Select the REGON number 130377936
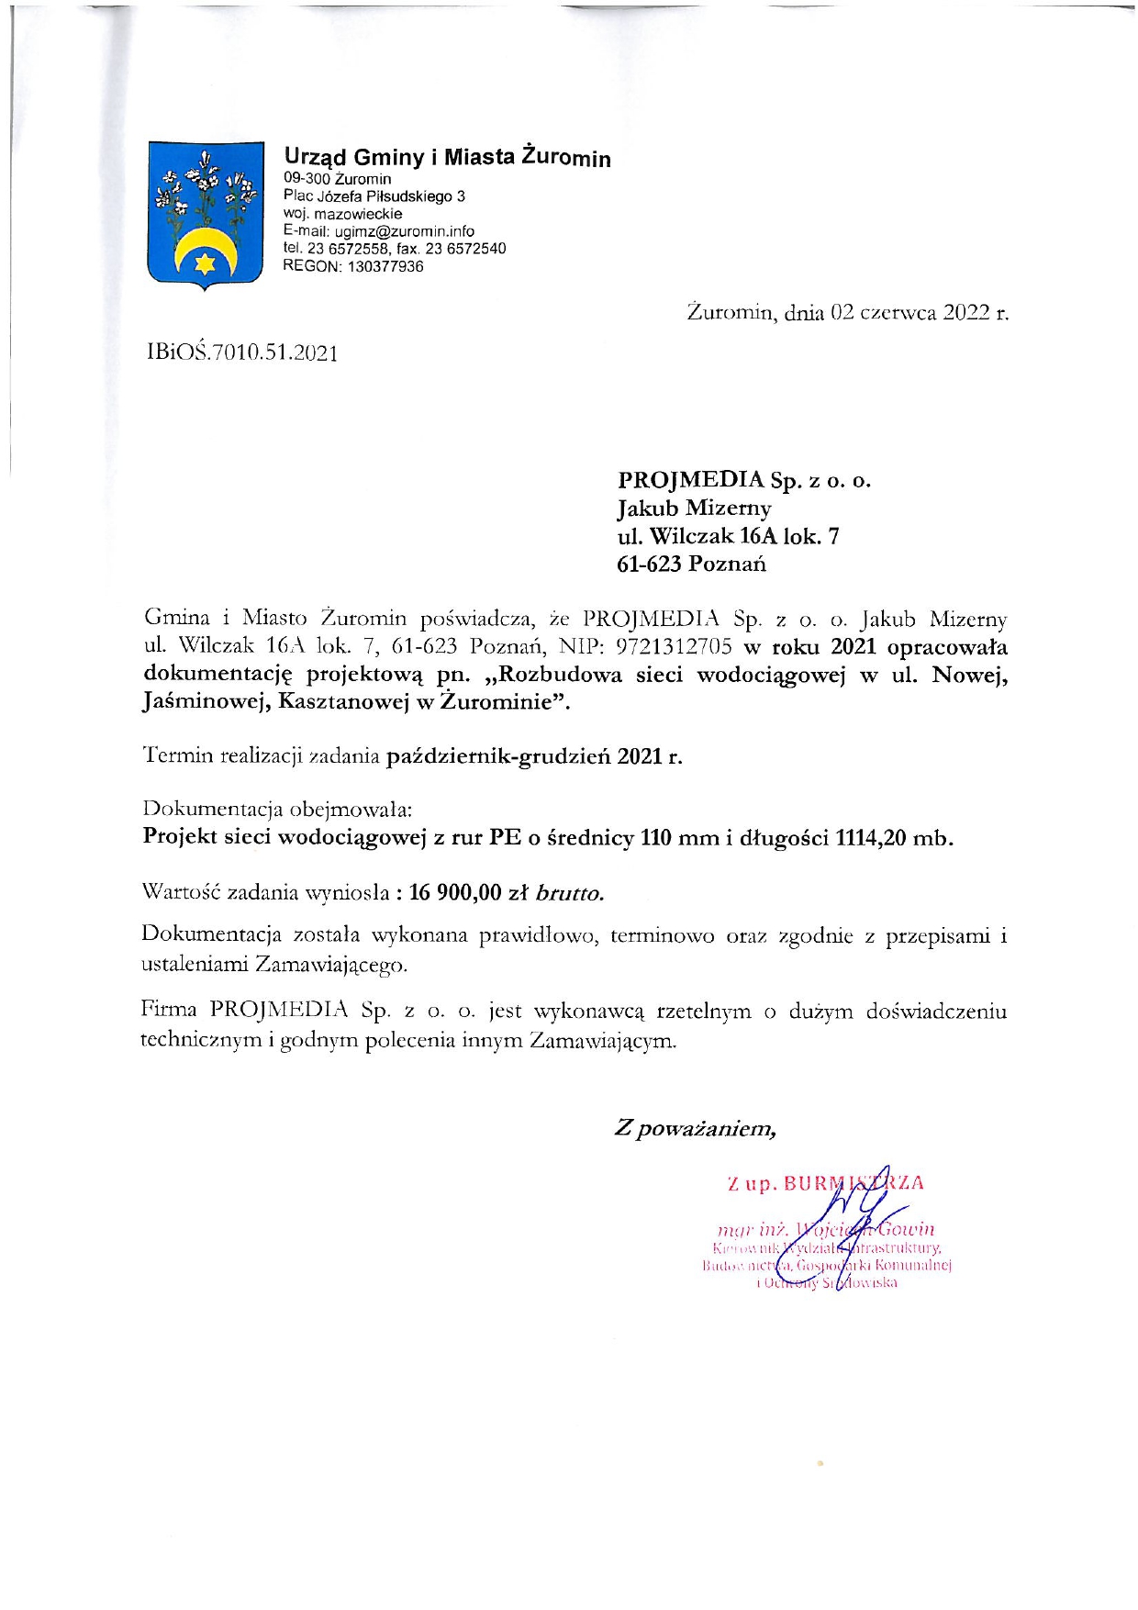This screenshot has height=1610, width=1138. pyautogui.click(x=385, y=266)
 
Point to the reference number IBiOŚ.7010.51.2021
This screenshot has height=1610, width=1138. pyautogui.click(x=242, y=353)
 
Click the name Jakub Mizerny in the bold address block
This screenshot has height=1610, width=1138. pyautogui.click(x=694, y=508)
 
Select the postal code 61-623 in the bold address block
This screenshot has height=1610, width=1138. pyautogui.click(x=648, y=564)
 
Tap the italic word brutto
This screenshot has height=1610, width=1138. pyautogui.click(x=569, y=892)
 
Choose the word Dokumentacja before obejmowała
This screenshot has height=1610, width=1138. pyautogui.click(x=212, y=811)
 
